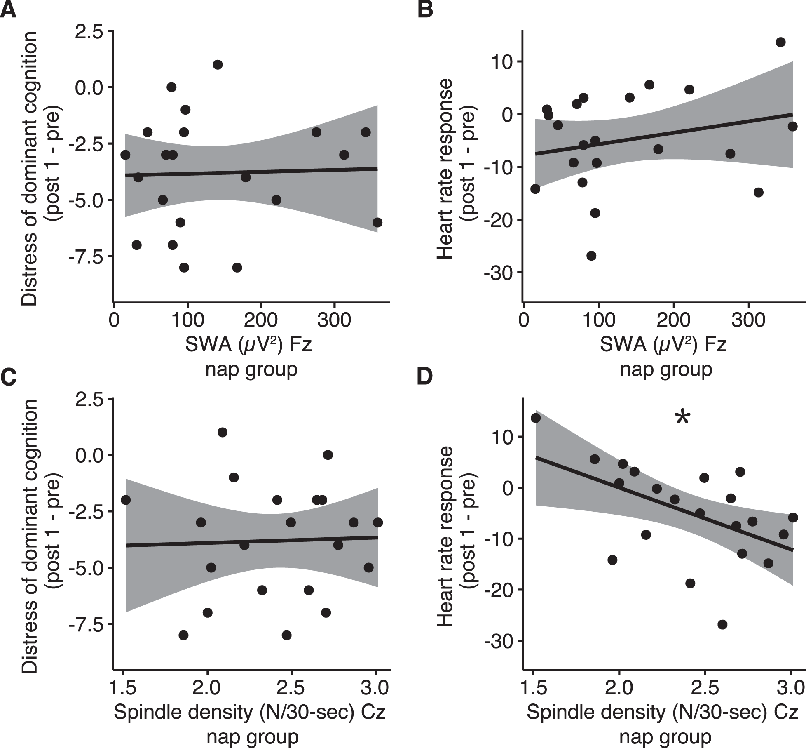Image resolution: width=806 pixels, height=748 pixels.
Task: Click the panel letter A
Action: point(8,10)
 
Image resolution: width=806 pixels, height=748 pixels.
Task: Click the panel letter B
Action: point(425,10)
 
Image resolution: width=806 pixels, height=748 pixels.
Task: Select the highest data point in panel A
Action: point(218,64)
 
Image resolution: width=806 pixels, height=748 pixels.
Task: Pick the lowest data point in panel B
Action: point(591,256)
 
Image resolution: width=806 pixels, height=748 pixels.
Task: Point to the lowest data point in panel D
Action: point(722,624)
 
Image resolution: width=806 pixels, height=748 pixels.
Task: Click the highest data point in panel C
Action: point(223,432)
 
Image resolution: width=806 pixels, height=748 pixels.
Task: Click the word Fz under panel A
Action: point(300,345)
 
